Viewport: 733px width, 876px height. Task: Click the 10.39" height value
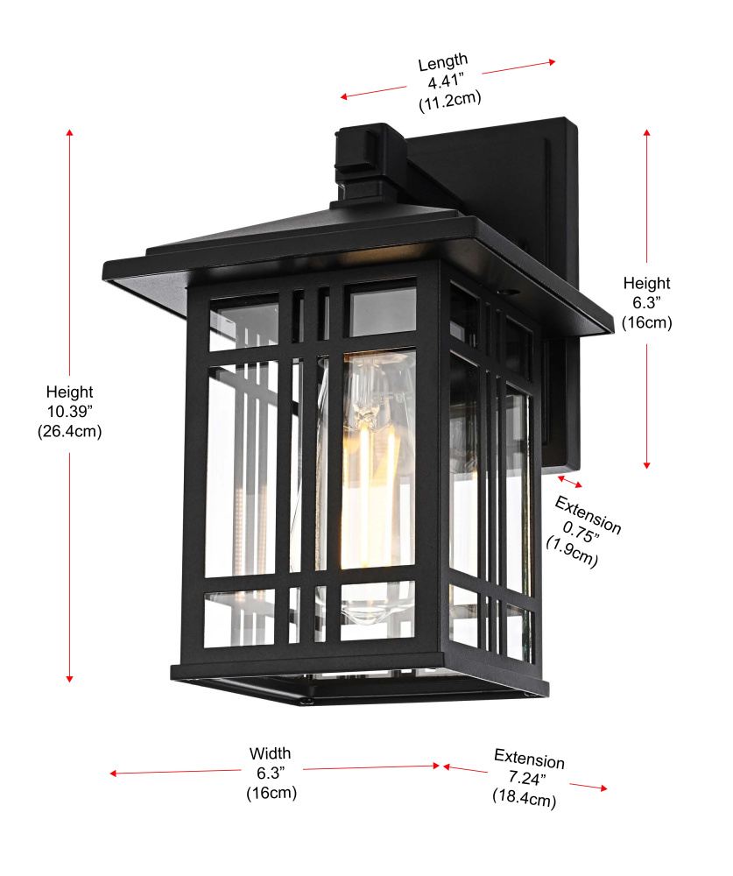click(x=69, y=412)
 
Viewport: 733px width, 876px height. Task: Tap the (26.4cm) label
click(x=70, y=431)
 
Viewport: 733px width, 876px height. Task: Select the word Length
click(x=443, y=61)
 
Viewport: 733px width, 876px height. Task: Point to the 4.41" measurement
click(x=446, y=81)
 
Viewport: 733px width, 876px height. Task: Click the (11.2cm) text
click(x=450, y=101)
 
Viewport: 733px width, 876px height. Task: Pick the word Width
click(x=270, y=753)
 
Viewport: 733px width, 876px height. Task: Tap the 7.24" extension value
click(x=527, y=777)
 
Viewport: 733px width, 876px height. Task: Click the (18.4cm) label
click(x=524, y=797)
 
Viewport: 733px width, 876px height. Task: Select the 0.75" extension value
click(x=581, y=532)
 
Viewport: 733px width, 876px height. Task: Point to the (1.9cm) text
click(x=572, y=551)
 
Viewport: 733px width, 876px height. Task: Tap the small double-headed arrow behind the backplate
click(x=570, y=482)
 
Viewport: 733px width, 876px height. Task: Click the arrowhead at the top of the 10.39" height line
click(x=70, y=132)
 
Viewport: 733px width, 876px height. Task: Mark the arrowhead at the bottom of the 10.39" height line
click(x=70, y=678)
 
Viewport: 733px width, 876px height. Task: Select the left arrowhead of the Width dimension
click(x=113, y=774)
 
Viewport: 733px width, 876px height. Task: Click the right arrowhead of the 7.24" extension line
click(x=603, y=788)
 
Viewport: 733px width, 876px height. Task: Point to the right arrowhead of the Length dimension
click(x=552, y=62)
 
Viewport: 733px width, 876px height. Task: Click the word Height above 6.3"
click(x=646, y=283)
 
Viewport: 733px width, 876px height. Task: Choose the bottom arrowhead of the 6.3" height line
click(x=647, y=465)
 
